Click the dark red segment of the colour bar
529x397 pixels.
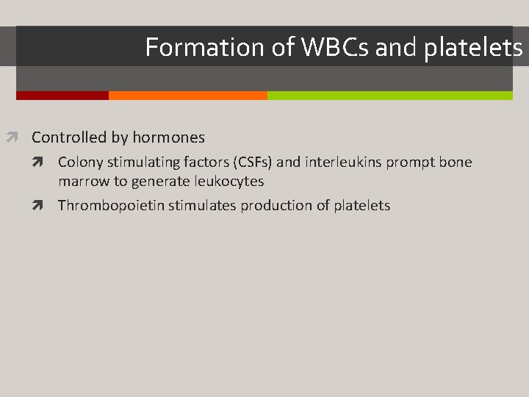pyautogui.click(x=62, y=96)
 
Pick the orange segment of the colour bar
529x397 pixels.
pyautogui.click(x=187, y=96)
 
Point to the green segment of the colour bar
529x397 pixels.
pyautogui.click(x=389, y=96)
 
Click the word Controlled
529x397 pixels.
pyautogui.click(x=69, y=137)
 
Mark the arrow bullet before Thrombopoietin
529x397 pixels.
pyautogui.click(x=46, y=206)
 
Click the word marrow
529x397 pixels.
pyautogui.click(x=83, y=181)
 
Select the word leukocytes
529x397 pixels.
pyautogui.click(x=228, y=181)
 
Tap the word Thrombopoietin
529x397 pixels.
pyautogui.click(x=111, y=206)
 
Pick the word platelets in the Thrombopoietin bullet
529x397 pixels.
pyautogui.click(x=361, y=206)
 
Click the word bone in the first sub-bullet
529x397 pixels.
pyautogui.click(x=456, y=162)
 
